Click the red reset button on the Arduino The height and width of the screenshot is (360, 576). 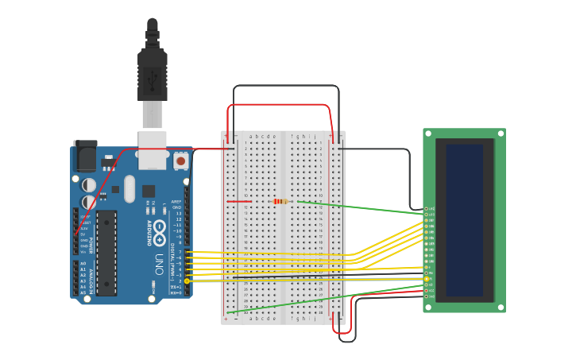coord(181,161)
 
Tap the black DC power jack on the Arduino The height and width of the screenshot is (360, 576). coord(84,157)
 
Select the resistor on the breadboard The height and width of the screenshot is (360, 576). coord(280,201)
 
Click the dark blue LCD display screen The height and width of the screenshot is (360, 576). coord(465,220)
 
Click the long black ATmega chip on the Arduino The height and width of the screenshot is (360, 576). coord(106,253)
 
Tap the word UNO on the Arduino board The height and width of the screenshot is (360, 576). coord(160,262)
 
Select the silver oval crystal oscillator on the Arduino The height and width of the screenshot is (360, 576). coord(130,189)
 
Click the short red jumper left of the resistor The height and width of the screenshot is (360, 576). coord(238,201)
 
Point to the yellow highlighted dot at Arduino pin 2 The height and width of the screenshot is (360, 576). coord(187,281)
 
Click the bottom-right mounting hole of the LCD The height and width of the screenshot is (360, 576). coord(500,306)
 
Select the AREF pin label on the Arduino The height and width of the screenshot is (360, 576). coord(176,202)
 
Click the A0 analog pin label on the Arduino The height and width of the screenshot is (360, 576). coord(83,263)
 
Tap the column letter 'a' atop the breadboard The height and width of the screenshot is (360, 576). coord(250,136)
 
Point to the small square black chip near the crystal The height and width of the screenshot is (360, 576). coord(149,191)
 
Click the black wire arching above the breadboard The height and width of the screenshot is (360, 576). coord(286,86)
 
